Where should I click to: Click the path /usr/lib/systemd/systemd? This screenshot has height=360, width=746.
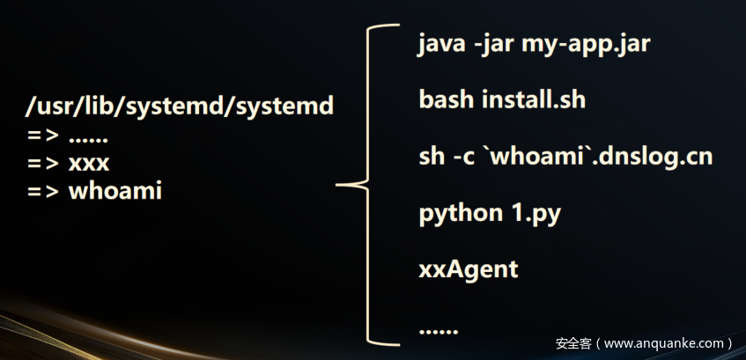point(180,107)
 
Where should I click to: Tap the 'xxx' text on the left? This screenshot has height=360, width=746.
point(89,164)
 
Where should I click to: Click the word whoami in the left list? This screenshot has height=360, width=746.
point(115,190)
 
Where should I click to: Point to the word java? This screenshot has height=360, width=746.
point(441,43)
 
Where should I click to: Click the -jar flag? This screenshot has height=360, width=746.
point(495,43)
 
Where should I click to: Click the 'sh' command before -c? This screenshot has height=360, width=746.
point(432,156)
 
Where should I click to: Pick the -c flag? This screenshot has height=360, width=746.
point(463,156)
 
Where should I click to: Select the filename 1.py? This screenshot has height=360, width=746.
point(532,213)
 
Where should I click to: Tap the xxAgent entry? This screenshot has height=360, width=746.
point(468,268)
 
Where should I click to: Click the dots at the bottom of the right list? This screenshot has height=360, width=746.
point(439,331)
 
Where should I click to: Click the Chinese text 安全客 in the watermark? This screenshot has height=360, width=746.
point(572,343)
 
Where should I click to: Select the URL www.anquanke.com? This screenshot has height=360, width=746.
point(664,343)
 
